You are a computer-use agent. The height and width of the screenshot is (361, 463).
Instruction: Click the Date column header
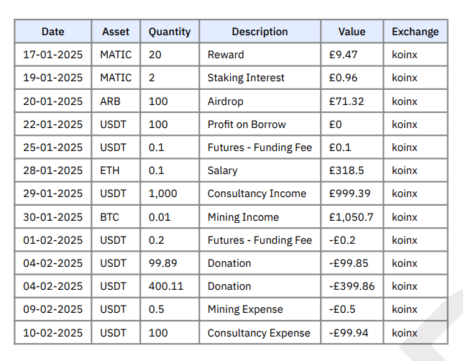pos(52,32)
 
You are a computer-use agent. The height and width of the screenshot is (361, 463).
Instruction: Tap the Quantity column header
pos(170,32)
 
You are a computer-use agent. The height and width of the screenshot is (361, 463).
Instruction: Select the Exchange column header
pos(415,32)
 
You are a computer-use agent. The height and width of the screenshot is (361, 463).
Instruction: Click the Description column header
pos(260,32)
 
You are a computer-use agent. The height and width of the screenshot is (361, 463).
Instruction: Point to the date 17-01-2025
pos(52,55)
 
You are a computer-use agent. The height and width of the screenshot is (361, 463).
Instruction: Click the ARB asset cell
pos(111,101)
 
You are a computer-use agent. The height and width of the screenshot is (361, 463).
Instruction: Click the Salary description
pos(222,170)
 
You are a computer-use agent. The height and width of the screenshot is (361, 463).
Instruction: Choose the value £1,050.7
pos(351,217)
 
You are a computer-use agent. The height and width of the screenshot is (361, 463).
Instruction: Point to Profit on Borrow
pos(247,124)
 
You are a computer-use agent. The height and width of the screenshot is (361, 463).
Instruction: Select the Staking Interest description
pos(246,78)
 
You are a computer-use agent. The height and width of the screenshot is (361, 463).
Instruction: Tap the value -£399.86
pos(352,286)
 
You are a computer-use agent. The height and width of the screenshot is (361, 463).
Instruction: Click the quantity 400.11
pos(166,286)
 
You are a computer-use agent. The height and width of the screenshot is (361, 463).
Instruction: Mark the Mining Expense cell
pos(245,309)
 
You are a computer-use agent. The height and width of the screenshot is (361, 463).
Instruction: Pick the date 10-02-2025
pos(52,333)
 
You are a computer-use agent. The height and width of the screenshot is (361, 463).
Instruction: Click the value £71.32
pos(347,101)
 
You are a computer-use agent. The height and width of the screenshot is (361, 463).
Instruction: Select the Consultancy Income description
pos(257,193)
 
